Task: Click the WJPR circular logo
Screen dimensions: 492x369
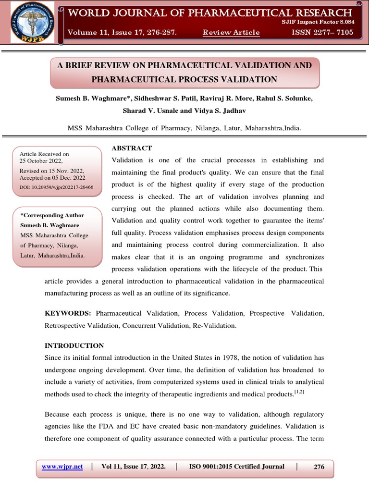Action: coord(33,23)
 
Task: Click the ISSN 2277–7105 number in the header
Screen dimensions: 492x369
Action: coord(322,33)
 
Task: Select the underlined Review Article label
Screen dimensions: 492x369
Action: coord(231,33)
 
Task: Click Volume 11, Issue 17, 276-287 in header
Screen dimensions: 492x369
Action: coord(122,33)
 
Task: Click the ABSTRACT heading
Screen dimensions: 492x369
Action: coord(132,148)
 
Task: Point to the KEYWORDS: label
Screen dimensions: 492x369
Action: coord(68,313)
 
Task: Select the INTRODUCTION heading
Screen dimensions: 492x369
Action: coord(74,345)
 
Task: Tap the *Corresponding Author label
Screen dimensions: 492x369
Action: coord(52,215)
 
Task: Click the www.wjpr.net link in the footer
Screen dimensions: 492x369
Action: coord(62,467)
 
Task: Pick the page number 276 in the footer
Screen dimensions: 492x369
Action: coord(319,467)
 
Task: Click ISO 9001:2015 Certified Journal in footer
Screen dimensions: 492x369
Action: coord(237,467)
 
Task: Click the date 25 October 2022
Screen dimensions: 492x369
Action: coord(41,161)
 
